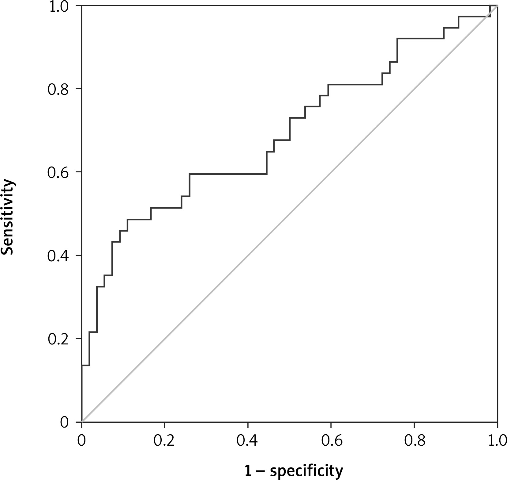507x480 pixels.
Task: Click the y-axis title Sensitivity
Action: [x=8, y=217]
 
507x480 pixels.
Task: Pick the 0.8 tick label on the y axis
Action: [x=57, y=89]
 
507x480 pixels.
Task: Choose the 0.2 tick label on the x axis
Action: [x=165, y=440]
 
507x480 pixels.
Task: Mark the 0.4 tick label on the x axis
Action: [x=248, y=440]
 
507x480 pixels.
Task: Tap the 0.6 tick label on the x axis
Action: [x=331, y=440]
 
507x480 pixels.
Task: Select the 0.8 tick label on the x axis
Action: [x=414, y=440]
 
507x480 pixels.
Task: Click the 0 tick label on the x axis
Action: [x=81, y=440]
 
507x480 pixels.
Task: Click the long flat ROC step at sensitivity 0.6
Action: [x=228, y=174]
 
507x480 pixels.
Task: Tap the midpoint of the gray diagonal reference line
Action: [x=290, y=214]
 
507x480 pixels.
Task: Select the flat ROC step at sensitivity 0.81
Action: [x=355, y=84]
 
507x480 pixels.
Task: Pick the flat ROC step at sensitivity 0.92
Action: [x=420, y=38]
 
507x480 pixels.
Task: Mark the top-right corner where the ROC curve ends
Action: [x=497, y=6]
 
